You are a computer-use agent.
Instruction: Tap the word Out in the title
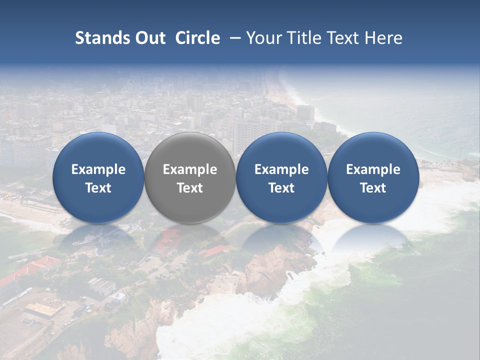(148, 38)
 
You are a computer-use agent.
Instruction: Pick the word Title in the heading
(303, 38)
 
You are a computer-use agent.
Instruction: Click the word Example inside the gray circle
(190, 169)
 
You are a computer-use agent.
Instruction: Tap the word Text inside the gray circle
(190, 188)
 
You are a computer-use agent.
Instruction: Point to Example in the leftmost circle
(98, 169)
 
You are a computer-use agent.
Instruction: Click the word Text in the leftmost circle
(98, 188)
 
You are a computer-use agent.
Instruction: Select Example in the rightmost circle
(373, 169)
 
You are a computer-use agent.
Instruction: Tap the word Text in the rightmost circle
(373, 188)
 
